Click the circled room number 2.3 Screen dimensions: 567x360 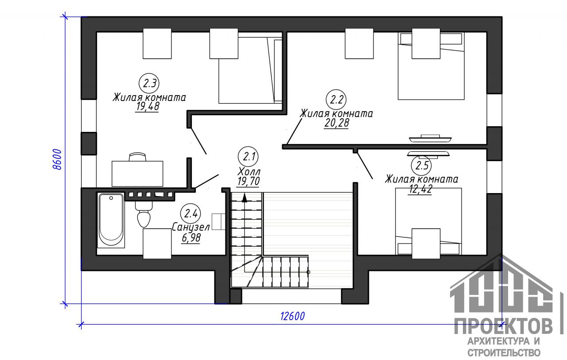pyautogui.click(x=149, y=83)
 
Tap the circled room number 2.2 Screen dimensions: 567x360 pyautogui.click(x=336, y=100)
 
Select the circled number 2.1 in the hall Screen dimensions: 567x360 pyautogui.click(x=248, y=157)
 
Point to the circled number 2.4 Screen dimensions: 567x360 pyautogui.click(x=190, y=214)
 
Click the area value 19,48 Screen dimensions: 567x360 pyautogui.click(x=148, y=107)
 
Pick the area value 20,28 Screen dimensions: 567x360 pyautogui.click(x=336, y=123)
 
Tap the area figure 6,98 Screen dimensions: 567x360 pyautogui.click(x=191, y=238)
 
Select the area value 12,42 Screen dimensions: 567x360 pyautogui.click(x=419, y=189)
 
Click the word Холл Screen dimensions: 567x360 pyautogui.click(x=249, y=172)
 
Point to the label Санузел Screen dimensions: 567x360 pyautogui.click(x=191, y=227)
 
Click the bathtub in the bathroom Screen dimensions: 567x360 pyautogui.click(x=111, y=220)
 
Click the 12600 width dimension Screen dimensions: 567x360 pyautogui.click(x=293, y=316)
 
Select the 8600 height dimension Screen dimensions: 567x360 pyautogui.click(x=57, y=160)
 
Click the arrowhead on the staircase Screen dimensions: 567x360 pyautogui.click(x=244, y=198)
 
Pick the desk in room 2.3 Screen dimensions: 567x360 pyautogui.click(x=137, y=174)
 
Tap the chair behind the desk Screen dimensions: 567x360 pyautogui.click(x=137, y=157)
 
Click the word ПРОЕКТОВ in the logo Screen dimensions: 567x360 pyautogui.click(x=503, y=326)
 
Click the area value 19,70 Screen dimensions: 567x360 pyautogui.click(x=249, y=181)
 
